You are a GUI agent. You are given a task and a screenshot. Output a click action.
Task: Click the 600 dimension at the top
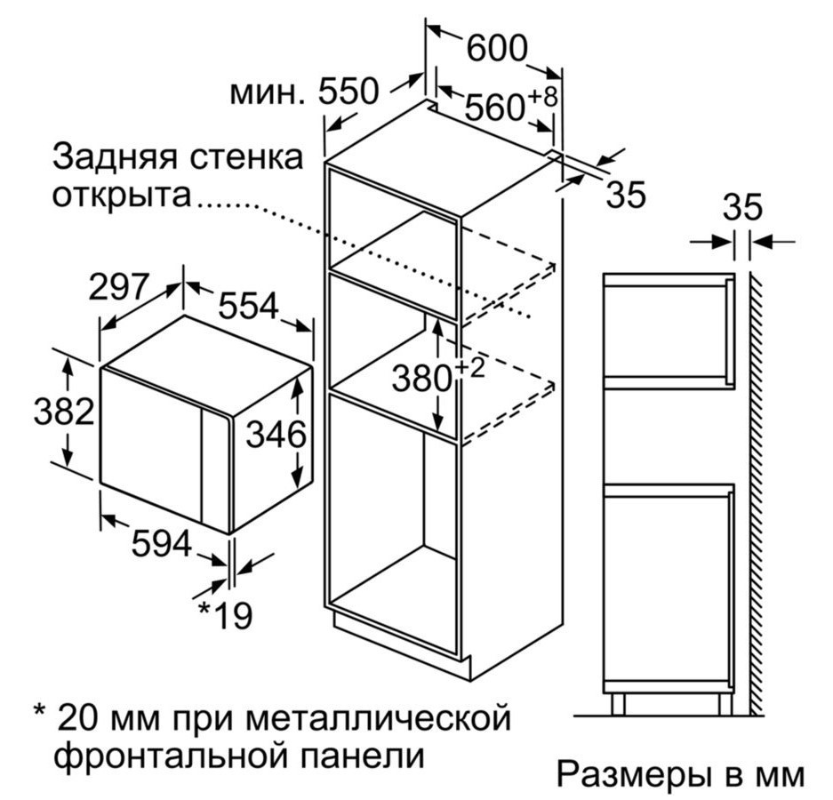tap(497, 48)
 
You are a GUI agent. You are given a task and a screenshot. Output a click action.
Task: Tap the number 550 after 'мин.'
tap(348, 91)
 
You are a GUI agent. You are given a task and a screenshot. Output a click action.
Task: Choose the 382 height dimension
tap(64, 411)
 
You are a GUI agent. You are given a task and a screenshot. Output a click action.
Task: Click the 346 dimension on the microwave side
tap(276, 434)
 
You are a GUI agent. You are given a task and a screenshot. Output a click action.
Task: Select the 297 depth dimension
tap(118, 286)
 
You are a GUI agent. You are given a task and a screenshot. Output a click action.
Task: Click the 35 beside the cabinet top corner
tap(627, 195)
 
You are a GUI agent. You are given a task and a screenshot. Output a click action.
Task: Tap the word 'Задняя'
tap(114, 157)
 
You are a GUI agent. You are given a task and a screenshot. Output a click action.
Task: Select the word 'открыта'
tap(121, 195)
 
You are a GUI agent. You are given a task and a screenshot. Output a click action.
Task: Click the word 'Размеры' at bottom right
tap(634, 776)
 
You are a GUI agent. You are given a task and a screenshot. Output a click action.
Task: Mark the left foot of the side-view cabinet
tap(618, 703)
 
